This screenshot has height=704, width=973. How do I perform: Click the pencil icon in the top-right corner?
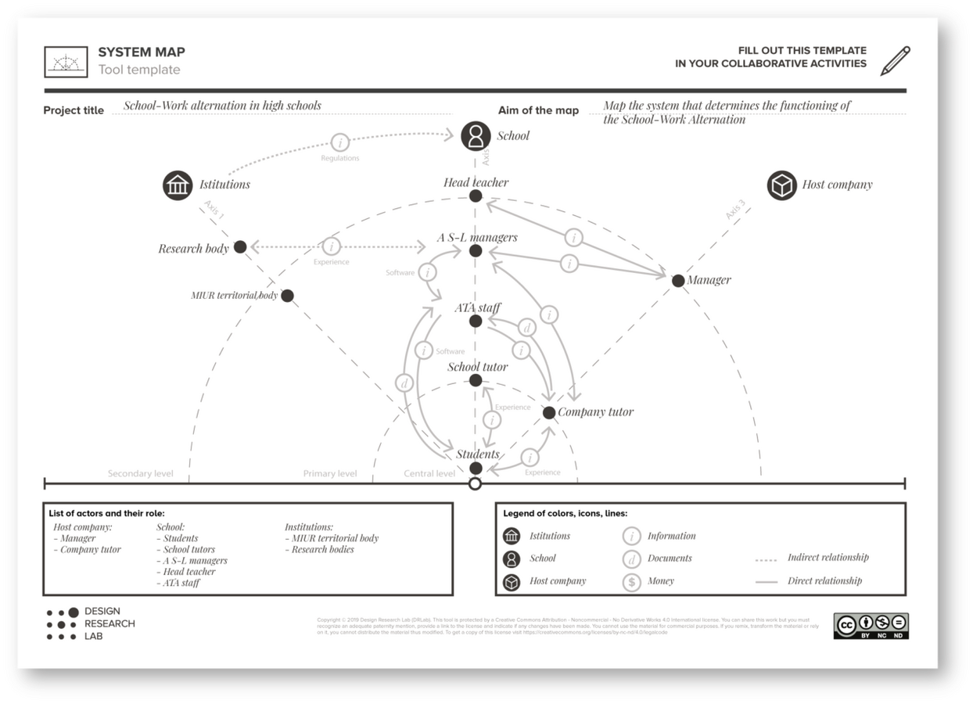(896, 61)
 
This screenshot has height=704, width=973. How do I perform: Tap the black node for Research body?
(240, 247)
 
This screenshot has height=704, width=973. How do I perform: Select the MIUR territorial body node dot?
(287, 296)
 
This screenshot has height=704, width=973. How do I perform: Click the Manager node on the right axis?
(677, 280)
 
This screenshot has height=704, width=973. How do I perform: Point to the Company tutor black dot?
(549, 412)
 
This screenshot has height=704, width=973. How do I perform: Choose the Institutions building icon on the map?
(178, 185)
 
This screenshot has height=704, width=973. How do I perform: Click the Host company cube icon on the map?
(781, 185)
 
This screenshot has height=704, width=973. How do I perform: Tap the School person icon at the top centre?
(476, 136)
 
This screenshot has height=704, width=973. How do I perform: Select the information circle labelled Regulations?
(340, 142)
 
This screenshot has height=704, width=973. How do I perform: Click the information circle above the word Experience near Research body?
(332, 246)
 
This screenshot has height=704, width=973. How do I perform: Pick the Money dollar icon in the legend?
(632, 582)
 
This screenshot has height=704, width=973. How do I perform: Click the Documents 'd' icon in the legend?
(632, 559)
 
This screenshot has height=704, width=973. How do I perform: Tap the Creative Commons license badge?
(871, 626)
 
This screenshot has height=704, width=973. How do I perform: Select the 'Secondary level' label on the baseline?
(141, 474)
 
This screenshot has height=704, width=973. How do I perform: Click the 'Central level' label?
(429, 474)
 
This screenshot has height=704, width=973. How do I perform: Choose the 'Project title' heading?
(74, 111)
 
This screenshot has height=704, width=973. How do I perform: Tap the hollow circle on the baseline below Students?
(475, 484)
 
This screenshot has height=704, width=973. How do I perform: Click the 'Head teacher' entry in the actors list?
(189, 572)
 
